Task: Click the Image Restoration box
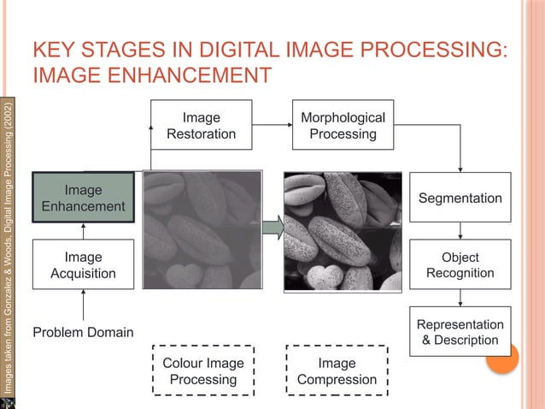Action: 202,125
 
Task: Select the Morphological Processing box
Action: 343,125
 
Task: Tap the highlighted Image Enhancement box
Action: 83,198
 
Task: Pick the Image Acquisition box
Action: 83,265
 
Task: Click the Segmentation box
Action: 460,198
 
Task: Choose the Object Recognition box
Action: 460,265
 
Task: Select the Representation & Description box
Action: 460,332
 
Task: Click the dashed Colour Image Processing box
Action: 202,370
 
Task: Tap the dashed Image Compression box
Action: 337,370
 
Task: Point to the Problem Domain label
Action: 83,332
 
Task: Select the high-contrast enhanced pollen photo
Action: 343,231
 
